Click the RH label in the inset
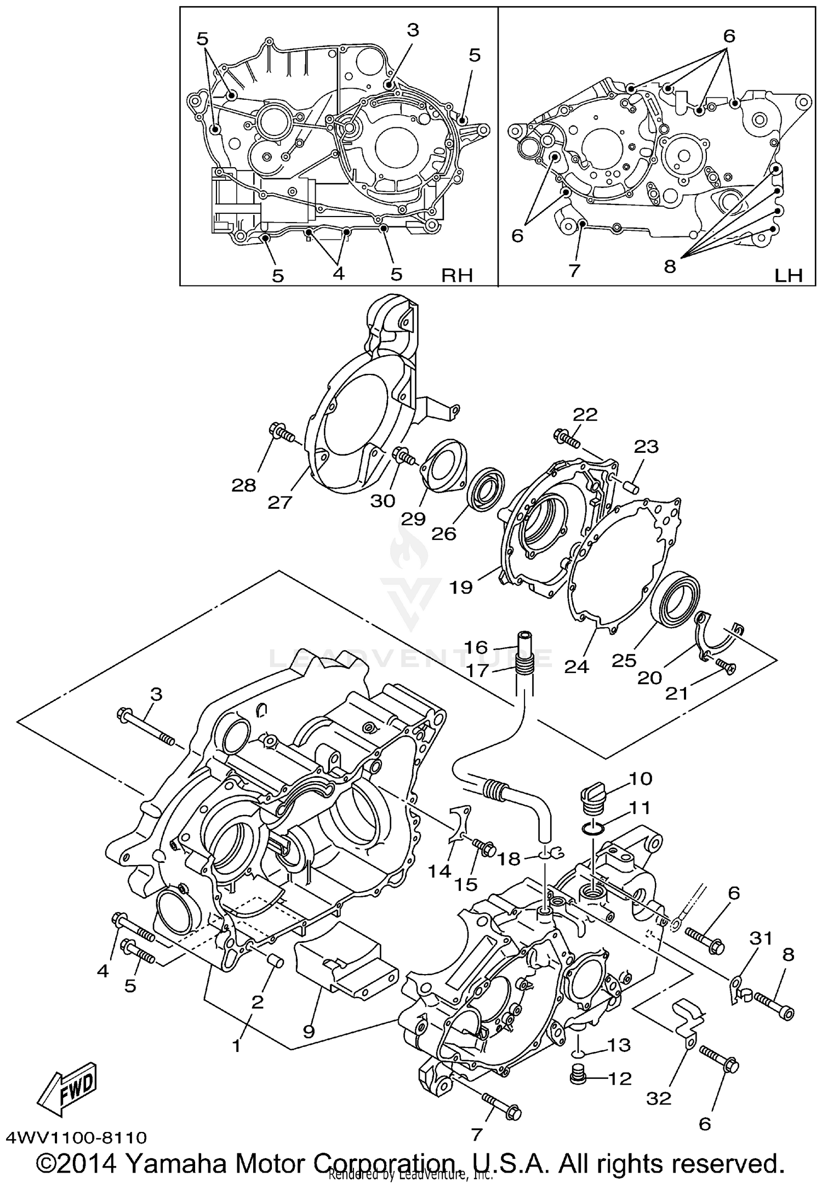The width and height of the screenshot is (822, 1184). [x=457, y=275]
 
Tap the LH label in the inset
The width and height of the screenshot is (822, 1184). [x=789, y=275]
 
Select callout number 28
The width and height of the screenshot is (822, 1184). [x=244, y=485]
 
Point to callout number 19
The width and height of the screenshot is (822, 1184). [x=461, y=587]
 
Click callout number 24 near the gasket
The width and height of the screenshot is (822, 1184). [x=576, y=667]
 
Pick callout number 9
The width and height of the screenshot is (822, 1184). [x=309, y=1032]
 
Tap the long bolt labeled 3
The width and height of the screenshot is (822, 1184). [x=145, y=727]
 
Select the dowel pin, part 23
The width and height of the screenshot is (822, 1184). [x=629, y=485]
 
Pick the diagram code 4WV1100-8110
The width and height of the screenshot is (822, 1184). [x=77, y=1137]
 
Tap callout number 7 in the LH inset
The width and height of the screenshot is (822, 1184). [x=574, y=270]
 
